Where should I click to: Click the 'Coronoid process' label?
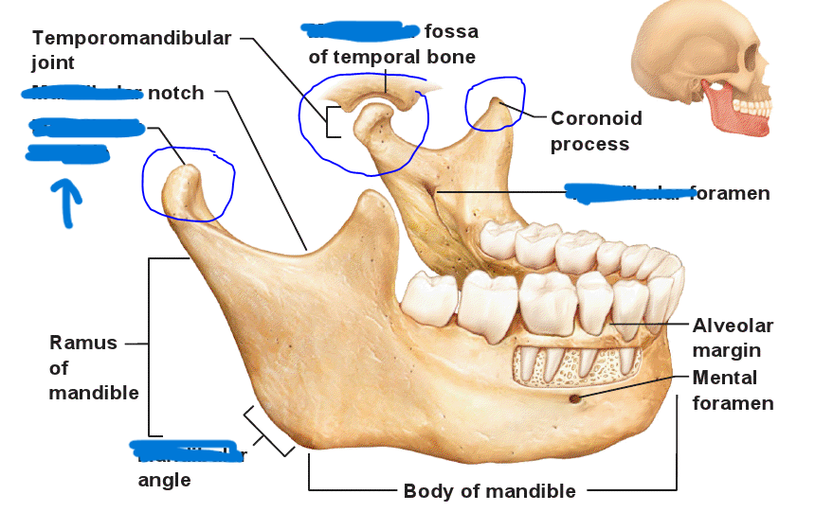click(596, 132)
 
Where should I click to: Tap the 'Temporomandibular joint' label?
click(131, 50)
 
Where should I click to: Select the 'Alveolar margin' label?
click(733, 338)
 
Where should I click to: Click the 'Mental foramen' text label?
click(733, 390)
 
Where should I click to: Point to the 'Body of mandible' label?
click(489, 491)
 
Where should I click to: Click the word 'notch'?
click(175, 93)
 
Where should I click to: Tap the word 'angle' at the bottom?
click(164, 480)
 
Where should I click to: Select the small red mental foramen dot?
click(575, 398)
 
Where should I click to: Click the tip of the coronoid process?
click(494, 99)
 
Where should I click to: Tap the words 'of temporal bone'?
click(391, 57)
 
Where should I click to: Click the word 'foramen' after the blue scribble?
click(730, 193)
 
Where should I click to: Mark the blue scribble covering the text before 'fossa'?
click(360, 32)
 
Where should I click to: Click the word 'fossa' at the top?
click(452, 31)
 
